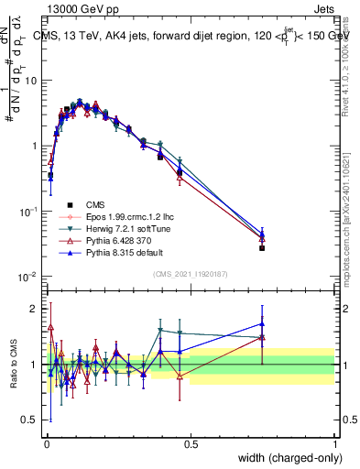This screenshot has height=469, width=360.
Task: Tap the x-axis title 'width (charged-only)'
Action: pyautogui.click(x=288, y=458)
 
